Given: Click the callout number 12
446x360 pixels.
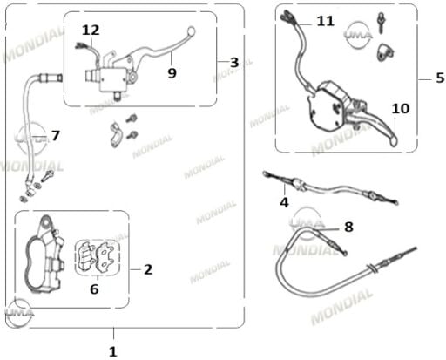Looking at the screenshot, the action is tap(91, 31).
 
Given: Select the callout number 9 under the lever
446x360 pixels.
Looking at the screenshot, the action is tap(172, 73).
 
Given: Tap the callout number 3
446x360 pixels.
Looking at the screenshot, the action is tap(234, 63).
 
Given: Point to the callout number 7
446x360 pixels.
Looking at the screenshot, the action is tap(56, 135).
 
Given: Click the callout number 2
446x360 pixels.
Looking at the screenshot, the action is tap(148, 269).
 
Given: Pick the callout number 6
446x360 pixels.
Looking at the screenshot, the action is tap(94, 289).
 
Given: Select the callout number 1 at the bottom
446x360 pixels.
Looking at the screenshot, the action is tap(113, 352).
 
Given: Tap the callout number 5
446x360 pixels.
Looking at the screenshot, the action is tap(440, 78).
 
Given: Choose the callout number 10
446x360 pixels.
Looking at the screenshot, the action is tap(401, 109).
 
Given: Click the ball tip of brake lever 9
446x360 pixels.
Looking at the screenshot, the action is tap(192, 31).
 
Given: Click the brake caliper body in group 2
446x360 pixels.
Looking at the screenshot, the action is tap(44, 255).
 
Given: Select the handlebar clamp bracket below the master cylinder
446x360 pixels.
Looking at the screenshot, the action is tap(116, 134).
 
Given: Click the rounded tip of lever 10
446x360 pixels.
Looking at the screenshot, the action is tap(393, 141).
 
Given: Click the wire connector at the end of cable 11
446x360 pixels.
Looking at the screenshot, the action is tap(287, 16).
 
